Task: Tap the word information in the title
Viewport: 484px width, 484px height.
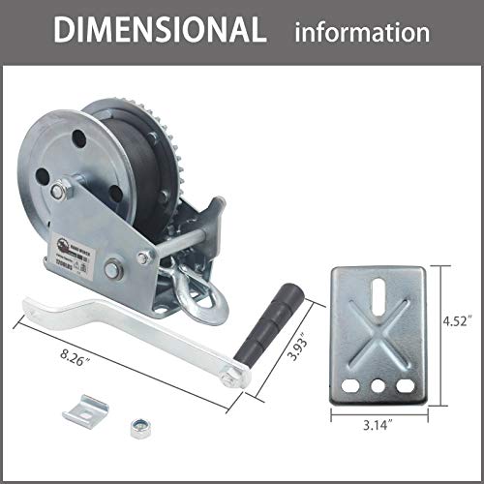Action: pos(363,32)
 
